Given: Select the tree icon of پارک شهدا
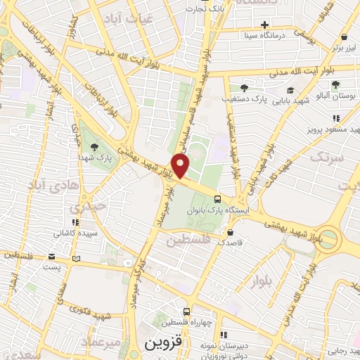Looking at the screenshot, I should click(94, 146).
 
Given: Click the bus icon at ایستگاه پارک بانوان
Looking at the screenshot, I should click(218, 199).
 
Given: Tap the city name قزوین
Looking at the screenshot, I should click(163, 345).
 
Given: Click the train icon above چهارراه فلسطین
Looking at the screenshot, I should click(187, 311).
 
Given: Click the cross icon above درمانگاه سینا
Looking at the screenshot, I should click(264, 25).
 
